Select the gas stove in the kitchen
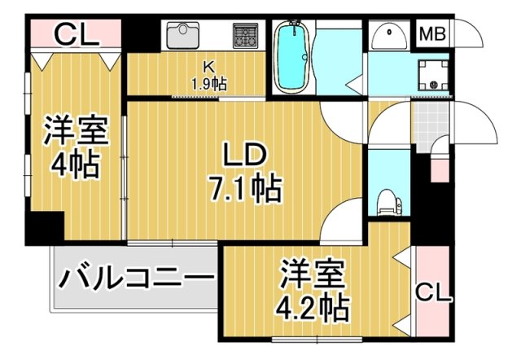pos(244,34)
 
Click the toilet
pos(387,200)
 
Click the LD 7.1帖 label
pos(243,171)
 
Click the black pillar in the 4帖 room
pos(45,227)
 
